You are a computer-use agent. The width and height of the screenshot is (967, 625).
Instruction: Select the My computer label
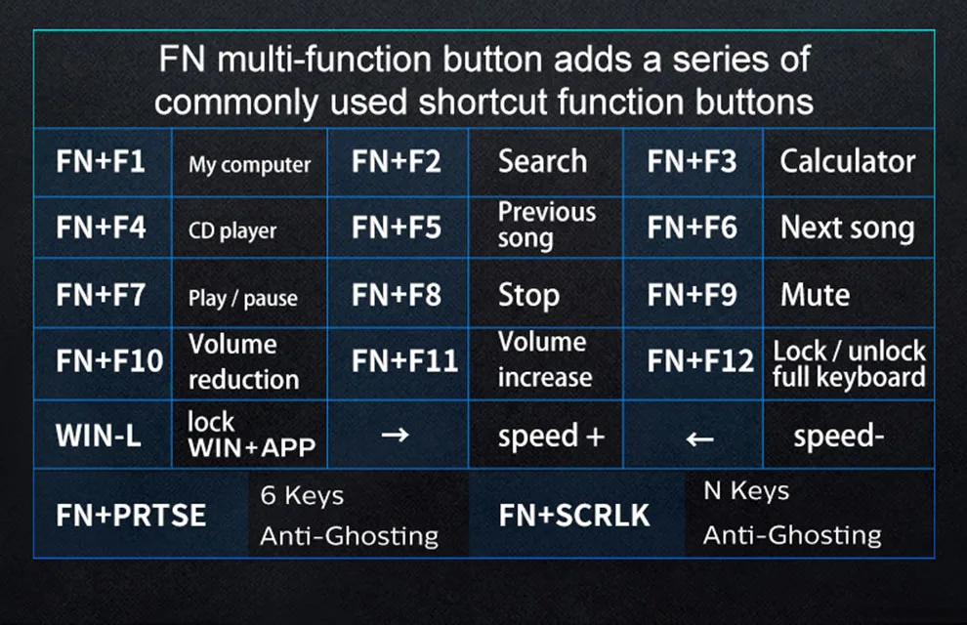[x=250, y=165]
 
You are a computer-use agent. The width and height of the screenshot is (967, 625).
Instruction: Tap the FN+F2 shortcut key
[x=397, y=161]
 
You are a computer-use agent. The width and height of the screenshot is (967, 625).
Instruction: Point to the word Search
[x=543, y=161]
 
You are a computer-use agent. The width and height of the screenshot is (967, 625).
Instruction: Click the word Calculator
[x=848, y=161]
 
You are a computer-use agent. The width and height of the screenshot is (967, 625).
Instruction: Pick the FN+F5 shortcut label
[x=397, y=228]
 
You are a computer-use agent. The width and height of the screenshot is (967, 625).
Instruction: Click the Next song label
[x=848, y=229]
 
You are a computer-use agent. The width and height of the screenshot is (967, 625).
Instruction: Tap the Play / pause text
[x=243, y=298]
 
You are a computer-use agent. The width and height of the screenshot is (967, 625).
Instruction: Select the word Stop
[x=529, y=295]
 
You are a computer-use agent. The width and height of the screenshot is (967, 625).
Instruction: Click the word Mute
[x=816, y=295]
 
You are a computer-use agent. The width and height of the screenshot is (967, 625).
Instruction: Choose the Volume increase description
[x=545, y=360]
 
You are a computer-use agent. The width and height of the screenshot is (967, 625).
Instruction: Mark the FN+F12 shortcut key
[x=700, y=360]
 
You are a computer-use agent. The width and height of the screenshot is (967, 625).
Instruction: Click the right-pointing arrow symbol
[x=396, y=436]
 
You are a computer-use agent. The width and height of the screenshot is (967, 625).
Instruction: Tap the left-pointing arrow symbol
[x=700, y=438]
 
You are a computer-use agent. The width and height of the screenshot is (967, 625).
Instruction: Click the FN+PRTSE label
[x=131, y=516]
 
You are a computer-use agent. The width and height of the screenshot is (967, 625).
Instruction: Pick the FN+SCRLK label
[x=574, y=516]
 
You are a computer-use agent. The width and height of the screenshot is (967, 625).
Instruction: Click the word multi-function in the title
[x=324, y=60]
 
